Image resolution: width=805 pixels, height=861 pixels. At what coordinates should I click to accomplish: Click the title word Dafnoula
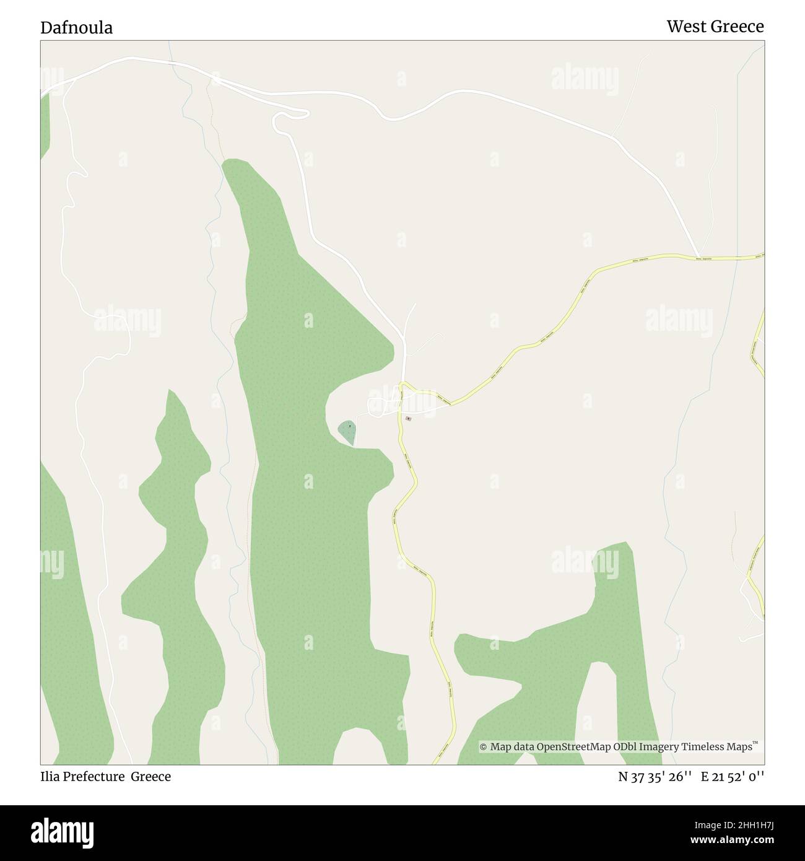[x=76, y=28]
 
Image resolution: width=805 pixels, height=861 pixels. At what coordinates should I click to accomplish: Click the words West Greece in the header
[x=715, y=27]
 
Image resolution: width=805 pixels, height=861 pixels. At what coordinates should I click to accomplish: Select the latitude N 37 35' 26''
[x=655, y=776]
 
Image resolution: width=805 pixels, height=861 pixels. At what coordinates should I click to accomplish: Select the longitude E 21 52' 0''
[x=732, y=776]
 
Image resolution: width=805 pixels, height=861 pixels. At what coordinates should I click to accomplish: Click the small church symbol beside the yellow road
[x=408, y=419]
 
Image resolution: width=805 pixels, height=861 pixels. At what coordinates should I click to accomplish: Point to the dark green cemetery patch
[x=347, y=432]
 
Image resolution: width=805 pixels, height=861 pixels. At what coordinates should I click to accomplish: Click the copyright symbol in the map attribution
[x=483, y=747]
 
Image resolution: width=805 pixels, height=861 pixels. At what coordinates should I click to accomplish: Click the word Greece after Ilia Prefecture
[x=150, y=776]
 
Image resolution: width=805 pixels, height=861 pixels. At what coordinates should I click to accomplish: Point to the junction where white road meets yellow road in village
[x=404, y=383]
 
